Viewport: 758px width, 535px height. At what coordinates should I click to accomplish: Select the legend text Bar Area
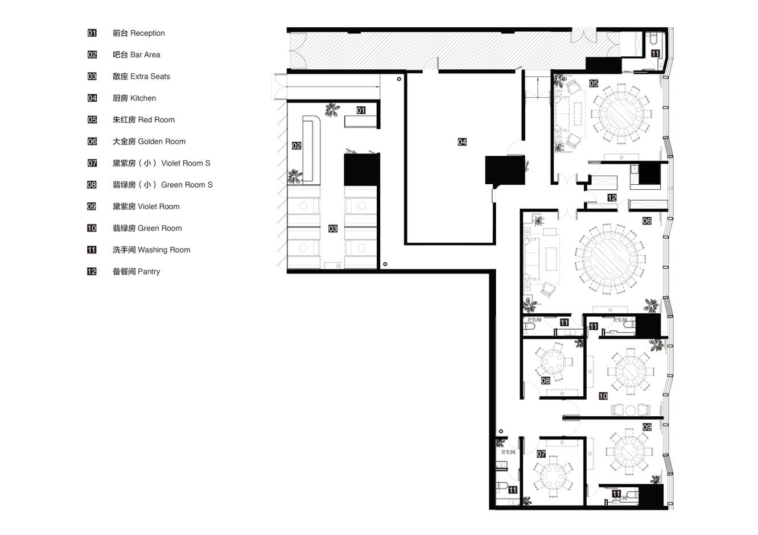145,55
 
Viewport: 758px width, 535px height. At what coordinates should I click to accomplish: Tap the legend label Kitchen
143,98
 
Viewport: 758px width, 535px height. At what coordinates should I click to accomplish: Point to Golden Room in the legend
162,142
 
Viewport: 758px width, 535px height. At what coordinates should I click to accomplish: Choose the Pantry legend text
149,272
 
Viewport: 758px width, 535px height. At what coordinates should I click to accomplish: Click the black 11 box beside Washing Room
92,250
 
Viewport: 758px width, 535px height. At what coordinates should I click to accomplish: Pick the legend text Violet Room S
186,163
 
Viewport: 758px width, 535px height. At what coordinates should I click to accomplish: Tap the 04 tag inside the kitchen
462,142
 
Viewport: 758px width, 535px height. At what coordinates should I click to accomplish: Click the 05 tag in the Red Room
594,84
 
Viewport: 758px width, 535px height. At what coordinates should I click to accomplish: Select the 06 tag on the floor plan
647,221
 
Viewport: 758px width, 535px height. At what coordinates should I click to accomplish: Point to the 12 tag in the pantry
612,198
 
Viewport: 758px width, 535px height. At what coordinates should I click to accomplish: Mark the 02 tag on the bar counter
296,146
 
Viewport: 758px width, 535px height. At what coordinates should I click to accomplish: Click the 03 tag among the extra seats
333,229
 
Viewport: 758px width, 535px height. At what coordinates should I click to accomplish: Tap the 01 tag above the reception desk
361,110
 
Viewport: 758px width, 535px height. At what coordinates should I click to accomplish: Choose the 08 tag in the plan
545,381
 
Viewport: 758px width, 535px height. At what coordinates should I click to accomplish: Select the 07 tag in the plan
541,454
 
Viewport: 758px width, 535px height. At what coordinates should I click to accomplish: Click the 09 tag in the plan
647,427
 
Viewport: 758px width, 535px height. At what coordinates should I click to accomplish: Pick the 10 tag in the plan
603,396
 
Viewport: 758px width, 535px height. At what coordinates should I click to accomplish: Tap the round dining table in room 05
620,114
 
